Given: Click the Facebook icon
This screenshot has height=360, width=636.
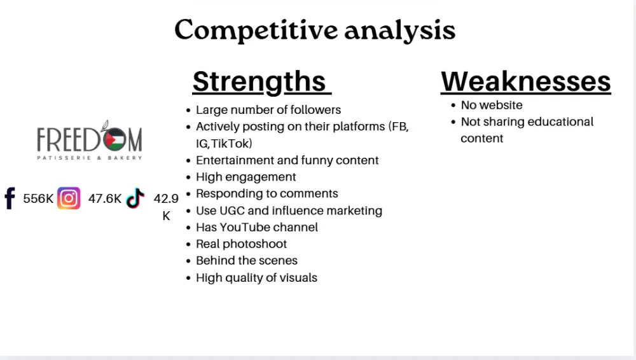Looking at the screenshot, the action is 10,198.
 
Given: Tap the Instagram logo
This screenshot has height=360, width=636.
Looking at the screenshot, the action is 69,198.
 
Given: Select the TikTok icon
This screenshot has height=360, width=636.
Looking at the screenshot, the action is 135,198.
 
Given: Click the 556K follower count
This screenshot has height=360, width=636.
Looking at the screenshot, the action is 38,198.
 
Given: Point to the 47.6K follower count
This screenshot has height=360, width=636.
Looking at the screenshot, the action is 105,198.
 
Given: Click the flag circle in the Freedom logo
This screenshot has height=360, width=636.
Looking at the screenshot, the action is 114,139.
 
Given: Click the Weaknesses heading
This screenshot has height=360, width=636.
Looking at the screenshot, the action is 526,81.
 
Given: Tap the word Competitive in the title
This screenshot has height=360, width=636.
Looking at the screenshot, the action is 256,30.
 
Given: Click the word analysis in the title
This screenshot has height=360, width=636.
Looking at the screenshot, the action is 400,31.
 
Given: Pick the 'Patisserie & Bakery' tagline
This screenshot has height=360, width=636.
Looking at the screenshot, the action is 90,158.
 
